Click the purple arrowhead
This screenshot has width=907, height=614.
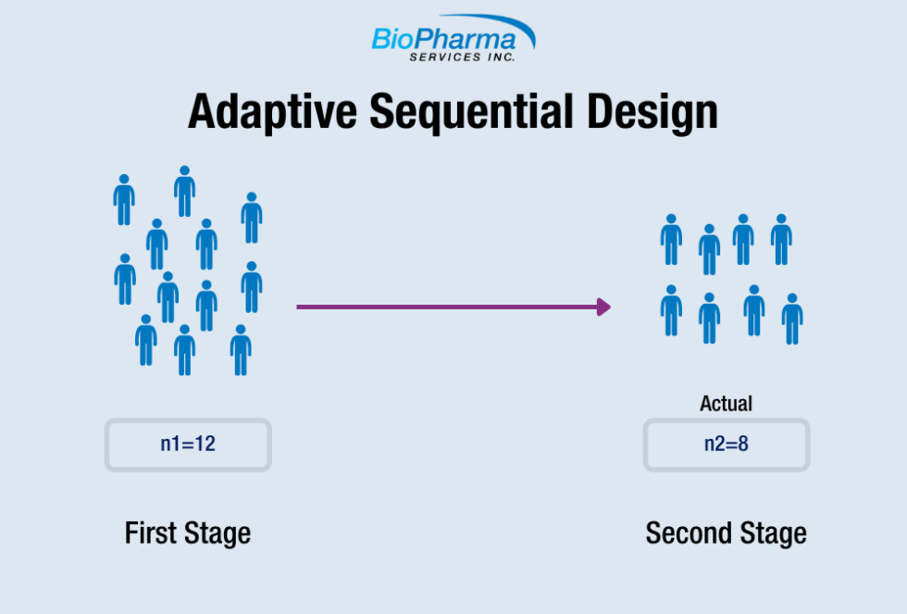pos(604,307)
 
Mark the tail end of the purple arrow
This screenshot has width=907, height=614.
pos(300,307)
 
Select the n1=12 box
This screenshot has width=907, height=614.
pos(188,445)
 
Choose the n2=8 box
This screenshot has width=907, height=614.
pos(727,445)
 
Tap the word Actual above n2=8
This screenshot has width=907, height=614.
pos(727,404)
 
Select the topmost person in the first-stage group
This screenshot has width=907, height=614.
pos(184,191)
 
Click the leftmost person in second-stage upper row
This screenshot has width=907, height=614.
pos(671,240)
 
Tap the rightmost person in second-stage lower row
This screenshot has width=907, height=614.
pos(791,319)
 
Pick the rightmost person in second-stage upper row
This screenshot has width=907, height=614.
pos(781,240)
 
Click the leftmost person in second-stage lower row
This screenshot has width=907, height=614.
pos(671,310)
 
